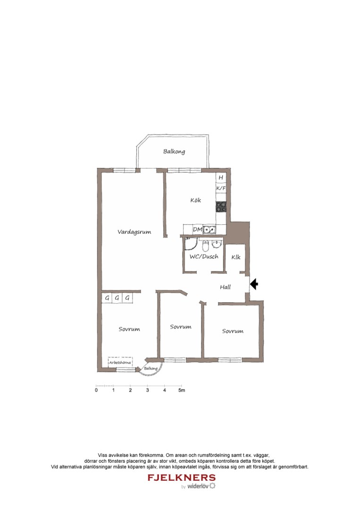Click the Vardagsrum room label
134,232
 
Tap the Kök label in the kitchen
195,200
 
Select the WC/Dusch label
203,257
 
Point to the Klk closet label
235,257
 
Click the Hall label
225,287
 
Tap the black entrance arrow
254,284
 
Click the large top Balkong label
174,152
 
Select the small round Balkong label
150,368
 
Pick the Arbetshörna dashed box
121,362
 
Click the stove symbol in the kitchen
220,206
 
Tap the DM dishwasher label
197,230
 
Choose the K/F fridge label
220,188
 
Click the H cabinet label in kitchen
220,178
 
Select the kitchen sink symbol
210,230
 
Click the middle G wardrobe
117,298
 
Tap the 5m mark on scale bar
182,391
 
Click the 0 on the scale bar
96,391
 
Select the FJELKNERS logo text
182,477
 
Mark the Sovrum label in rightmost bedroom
233,331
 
